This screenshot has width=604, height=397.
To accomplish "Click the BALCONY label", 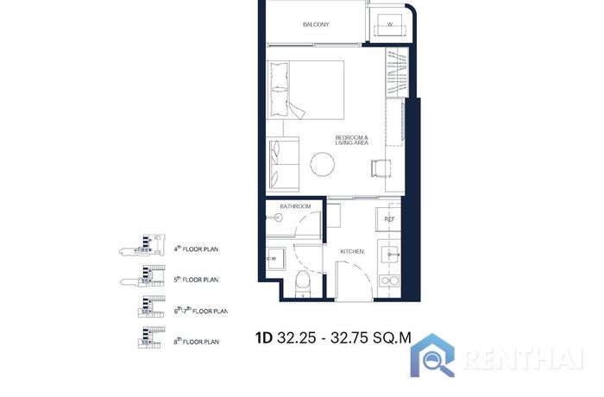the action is click(316, 24).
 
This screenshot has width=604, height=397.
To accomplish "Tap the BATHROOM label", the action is click(295, 206).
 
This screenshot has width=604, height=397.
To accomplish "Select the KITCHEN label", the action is click(352, 251).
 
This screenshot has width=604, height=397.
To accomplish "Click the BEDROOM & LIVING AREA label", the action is click(352, 140).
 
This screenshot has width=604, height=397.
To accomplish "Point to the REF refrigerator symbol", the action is click(388, 219).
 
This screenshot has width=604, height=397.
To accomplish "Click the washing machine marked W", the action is click(390, 25).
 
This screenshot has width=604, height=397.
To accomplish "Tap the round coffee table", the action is click(323, 164).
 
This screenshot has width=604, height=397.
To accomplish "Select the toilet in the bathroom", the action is click(303, 284).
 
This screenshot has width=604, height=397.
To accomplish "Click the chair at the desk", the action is click(381, 168).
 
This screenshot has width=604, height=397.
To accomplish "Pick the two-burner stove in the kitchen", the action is click(389, 280).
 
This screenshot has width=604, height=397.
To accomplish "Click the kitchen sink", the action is click(390, 255).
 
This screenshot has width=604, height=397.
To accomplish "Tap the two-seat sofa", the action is click(283, 164).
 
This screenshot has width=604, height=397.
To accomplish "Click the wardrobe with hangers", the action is click(397, 72).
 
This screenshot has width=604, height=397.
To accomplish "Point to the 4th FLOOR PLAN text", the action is click(196, 249).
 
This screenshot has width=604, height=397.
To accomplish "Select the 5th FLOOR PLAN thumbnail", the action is click(142, 276).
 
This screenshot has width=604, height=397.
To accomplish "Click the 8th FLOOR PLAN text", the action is click(197, 342).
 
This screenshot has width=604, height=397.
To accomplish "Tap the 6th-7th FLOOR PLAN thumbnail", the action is click(151, 306).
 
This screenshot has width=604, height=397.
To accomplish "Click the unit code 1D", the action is click(264, 338).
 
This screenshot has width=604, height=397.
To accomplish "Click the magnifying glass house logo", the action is click(432, 356).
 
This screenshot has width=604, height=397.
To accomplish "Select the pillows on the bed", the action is click(279, 90).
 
